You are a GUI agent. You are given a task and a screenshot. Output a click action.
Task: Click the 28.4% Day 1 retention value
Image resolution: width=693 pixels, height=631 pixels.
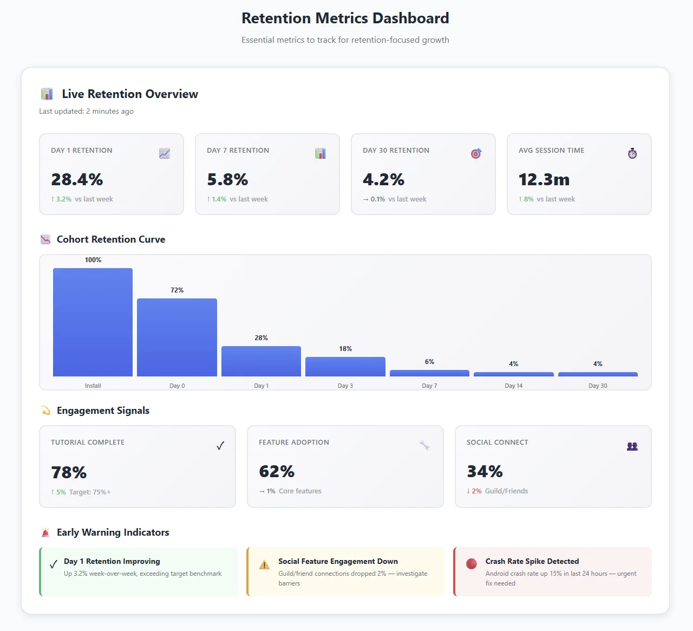[x=77, y=179]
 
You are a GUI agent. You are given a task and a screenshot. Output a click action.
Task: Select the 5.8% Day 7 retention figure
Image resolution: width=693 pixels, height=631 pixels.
[x=227, y=179]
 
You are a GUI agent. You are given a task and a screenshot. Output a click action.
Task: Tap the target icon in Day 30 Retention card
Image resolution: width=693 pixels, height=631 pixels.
[x=476, y=154]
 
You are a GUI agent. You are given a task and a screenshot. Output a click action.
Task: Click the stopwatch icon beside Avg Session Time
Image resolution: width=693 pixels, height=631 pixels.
[x=632, y=154]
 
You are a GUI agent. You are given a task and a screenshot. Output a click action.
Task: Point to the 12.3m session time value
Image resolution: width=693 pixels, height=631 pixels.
[x=544, y=179]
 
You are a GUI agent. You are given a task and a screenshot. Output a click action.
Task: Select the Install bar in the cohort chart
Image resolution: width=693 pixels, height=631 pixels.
[x=93, y=322]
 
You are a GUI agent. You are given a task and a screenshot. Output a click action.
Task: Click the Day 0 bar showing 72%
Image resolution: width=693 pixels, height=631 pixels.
[x=177, y=337]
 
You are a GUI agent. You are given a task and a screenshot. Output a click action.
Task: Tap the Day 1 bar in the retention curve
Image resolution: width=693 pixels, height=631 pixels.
[x=261, y=361]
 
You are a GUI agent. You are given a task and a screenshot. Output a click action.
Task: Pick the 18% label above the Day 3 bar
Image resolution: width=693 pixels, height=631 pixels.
[x=345, y=349]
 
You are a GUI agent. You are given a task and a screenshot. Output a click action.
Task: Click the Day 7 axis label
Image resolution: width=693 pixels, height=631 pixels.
[x=429, y=386]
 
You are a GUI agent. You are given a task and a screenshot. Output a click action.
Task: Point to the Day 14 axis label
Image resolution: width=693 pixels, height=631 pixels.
[x=513, y=386]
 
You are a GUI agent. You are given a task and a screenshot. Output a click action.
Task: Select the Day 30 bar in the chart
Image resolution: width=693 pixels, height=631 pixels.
[x=598, y=374]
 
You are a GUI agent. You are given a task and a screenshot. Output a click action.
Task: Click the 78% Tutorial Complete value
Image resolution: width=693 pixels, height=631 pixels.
[x=69, y=472]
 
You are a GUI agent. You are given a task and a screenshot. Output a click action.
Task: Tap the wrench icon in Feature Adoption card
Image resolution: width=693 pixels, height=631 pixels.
[x=424, y=445]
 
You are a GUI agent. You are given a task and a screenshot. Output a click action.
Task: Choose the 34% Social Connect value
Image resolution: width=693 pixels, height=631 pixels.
[x=485, y=471]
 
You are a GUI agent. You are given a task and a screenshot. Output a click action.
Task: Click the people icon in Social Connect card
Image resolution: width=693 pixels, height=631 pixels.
[x=632, y=446]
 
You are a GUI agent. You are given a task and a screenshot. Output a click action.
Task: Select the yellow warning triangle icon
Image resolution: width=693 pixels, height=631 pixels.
[x=264, y=565]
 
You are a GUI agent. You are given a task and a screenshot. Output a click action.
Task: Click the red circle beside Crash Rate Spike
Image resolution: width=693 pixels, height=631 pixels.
[x=472, y=564]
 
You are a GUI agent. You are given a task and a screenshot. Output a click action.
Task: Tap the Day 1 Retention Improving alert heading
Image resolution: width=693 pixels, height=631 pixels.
[x=112, y=561]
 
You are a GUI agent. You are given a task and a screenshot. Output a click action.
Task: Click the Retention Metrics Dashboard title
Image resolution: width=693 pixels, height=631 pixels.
[x=345, y=18]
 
